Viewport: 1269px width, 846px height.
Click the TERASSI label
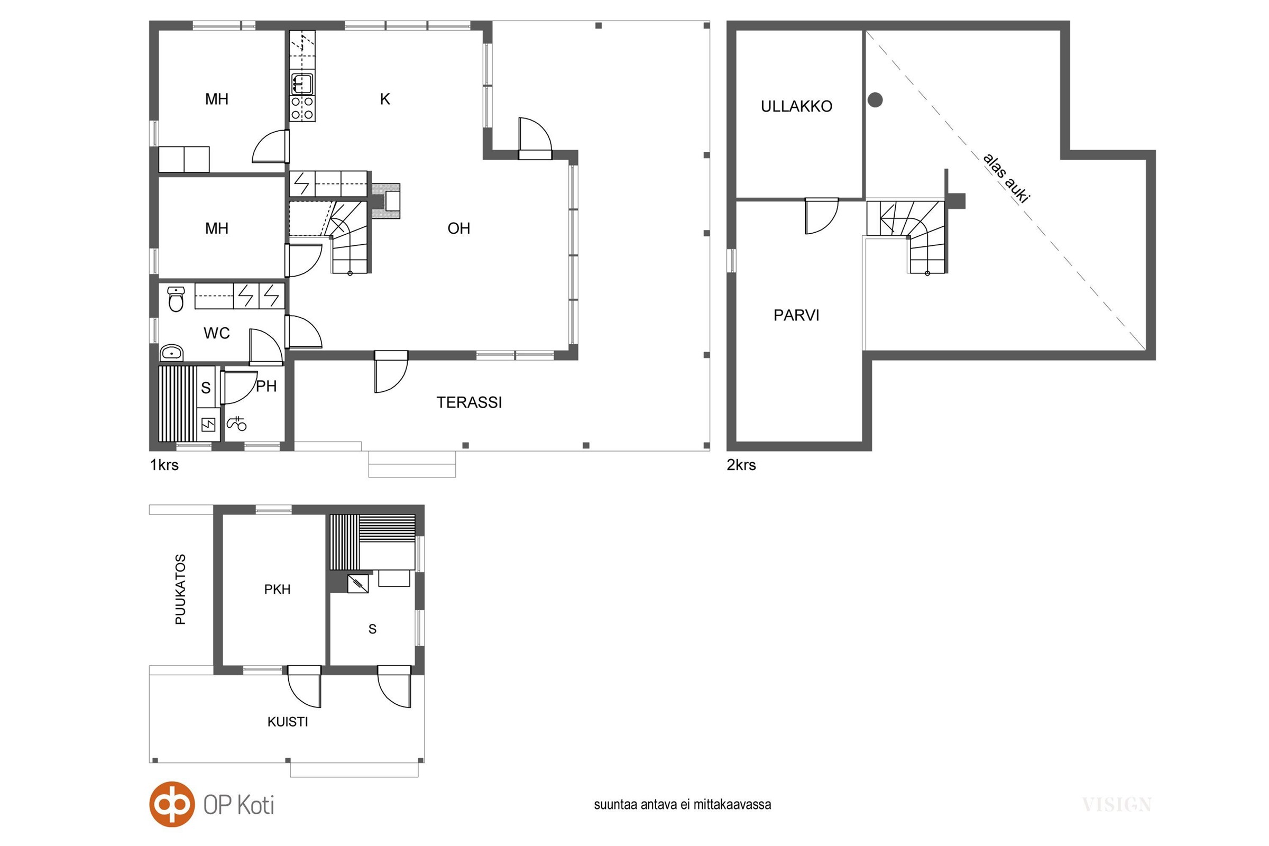click(469, 402)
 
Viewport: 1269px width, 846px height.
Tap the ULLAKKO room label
click(796, 106)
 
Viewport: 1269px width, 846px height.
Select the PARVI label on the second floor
click(796, 315)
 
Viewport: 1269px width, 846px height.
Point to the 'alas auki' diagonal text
click(1006, 179)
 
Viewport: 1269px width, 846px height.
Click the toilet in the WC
click(176, 299)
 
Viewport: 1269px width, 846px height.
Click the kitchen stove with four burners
click(302, 108)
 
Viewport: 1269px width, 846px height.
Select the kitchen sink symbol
click(302, 83)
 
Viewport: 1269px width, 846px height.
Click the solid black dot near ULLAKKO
click(875, 100)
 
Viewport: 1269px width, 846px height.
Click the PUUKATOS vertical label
click(181, 589)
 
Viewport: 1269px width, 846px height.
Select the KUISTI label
click(288, 722)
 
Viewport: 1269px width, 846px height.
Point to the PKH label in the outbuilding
click(277, 589)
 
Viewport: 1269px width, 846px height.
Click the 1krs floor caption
click(164, 465)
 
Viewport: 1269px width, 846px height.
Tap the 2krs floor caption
click(741, 465)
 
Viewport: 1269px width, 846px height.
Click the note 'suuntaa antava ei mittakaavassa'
click(683, 804)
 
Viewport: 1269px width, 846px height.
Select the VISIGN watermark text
click(1117, 805)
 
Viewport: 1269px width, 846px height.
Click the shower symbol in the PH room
click(237, 424)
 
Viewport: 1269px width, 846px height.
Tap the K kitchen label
click(385, 99)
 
